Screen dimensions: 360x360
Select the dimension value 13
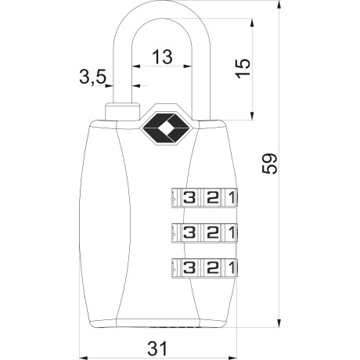[x=162, y=56]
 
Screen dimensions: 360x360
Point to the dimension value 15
[x=243, y=68]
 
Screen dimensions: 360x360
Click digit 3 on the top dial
[x=189, y=197]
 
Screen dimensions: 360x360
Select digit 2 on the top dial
[x=212, y=197]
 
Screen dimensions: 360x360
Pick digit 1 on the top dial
[x=230, y=197]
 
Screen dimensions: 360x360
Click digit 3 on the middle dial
[x=189, y=232]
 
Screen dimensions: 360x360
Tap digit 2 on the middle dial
[x=212, y=232]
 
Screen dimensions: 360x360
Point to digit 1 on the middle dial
[x=230, y=232]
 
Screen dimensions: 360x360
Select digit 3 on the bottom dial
[x=189, y=268]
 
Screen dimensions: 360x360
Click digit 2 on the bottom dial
[x=212, y=268]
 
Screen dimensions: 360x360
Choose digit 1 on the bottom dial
[x=230, y=268]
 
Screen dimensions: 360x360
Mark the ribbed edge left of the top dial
[x=173, y=197]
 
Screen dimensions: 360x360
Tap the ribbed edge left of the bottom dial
[x=173, y=268]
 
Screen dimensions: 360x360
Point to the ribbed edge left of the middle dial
[x=173, y=232]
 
